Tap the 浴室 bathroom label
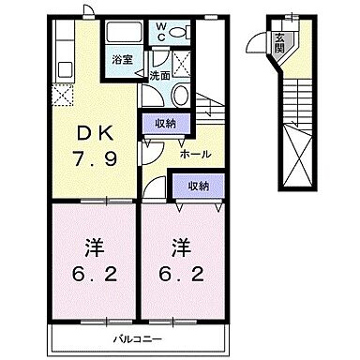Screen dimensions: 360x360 tap(121, 60)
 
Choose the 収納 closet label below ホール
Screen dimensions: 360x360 tap(199, 186)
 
